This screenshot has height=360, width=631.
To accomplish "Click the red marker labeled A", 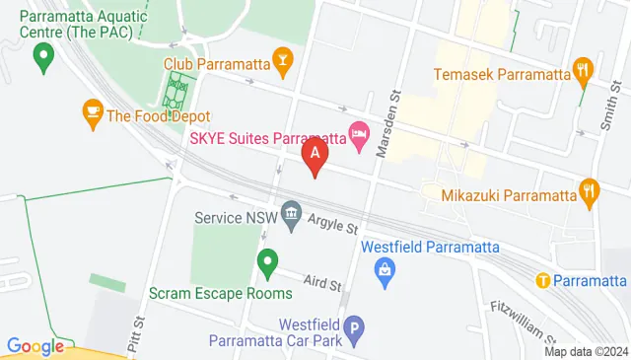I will point(315,155).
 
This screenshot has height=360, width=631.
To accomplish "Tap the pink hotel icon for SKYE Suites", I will point(359,138).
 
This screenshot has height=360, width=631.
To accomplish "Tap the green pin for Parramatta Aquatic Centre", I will point(42,61).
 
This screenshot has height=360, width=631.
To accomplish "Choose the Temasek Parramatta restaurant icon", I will point(583,72).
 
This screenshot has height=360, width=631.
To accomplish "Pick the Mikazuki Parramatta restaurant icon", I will point(591,193).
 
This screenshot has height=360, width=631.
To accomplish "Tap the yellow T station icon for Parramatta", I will point(542,279).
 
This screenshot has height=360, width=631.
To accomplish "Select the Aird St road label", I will point(321,283).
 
